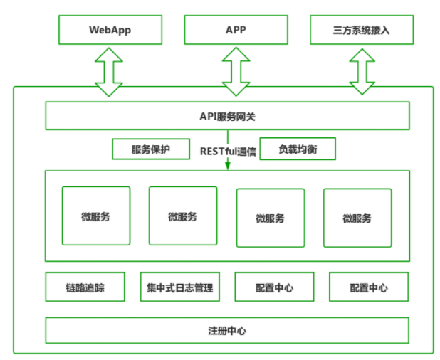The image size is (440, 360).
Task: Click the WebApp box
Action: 110,30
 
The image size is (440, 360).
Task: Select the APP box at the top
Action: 236,30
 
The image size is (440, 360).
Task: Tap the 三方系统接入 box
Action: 362,30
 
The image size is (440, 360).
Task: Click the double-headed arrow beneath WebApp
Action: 110,70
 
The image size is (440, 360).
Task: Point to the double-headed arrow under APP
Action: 236,70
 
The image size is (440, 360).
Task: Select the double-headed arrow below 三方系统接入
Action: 362,70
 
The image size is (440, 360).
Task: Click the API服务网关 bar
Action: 227,116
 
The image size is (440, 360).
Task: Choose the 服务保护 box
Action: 151,149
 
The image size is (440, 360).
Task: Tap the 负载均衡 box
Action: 297,149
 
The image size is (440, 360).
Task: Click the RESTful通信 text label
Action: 228,150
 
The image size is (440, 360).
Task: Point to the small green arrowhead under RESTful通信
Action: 228,165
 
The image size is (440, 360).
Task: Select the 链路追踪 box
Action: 85,287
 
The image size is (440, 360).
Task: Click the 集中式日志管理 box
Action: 179,287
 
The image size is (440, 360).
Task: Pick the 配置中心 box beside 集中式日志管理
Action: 274,287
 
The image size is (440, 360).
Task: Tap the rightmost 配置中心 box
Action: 368,287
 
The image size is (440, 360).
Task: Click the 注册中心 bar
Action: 227,331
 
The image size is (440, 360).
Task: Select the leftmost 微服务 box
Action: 96,216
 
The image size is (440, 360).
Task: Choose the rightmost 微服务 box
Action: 357,218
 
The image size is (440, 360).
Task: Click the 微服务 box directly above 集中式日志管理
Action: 183,216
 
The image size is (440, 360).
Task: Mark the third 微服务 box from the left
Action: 270,218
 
